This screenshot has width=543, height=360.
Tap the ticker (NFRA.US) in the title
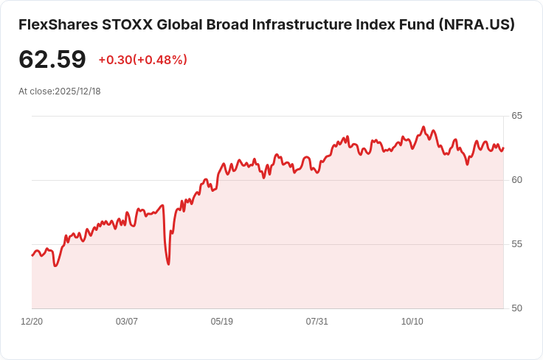(477, 25)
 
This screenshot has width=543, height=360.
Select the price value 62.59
(52, 60)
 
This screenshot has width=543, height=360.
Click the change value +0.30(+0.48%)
(142, 60)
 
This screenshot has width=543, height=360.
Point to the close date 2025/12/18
(77, 91)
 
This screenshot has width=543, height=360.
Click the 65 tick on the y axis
(517, 116)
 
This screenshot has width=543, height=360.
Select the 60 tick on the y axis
(517, 180)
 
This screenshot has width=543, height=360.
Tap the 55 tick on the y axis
(517, 244)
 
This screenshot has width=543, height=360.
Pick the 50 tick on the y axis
(517, 308)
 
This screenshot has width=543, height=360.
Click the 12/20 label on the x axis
(32, 322)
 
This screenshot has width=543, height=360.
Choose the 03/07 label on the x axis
(127, 322)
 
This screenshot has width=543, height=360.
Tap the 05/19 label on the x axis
(222, 322)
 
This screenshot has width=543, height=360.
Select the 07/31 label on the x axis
(317, 322)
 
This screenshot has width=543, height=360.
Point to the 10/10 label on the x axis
(412, 322)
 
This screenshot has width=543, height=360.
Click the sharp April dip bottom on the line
(169, 264)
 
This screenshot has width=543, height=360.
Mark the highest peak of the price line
(423, 126)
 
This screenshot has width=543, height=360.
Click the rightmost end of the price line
(503, 148)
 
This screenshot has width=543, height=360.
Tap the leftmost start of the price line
(32, 255)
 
